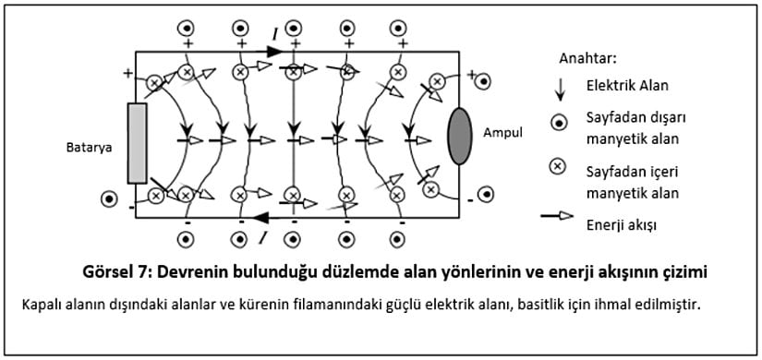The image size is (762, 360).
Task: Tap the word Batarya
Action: [88, 147]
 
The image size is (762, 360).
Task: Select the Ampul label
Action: [502, 132]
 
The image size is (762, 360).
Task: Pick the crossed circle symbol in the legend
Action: [558, 166]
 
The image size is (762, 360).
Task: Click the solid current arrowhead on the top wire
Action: [274, 51]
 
